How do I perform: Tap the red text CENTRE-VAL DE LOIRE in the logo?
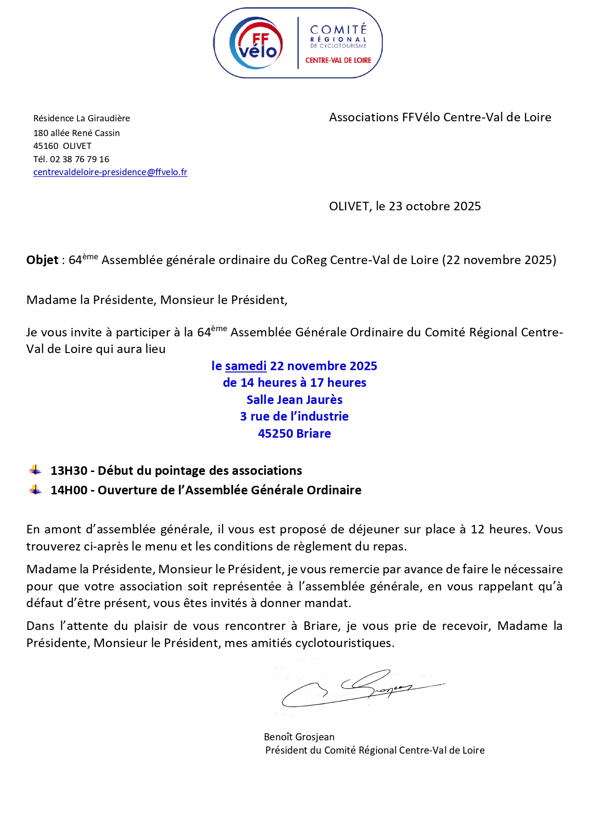[338, 60]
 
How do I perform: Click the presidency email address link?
[110, 172]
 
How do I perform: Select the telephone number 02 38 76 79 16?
[80, 159]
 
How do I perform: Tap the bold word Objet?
[42, 260]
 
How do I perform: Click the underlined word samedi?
[246, 366]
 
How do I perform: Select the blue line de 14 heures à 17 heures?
[294, 383]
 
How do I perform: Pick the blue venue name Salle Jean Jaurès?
[294, 400]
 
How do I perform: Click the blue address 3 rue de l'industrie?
[294, 417]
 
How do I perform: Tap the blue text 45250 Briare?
[294, 434]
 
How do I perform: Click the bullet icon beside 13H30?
[35, 471]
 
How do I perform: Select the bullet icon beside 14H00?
[35, 490]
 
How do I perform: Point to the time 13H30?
[69, 471]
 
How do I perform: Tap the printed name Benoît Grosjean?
[299, 737]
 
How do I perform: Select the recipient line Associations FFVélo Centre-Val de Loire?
[440, 118]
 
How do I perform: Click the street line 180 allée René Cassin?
[77, 133]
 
